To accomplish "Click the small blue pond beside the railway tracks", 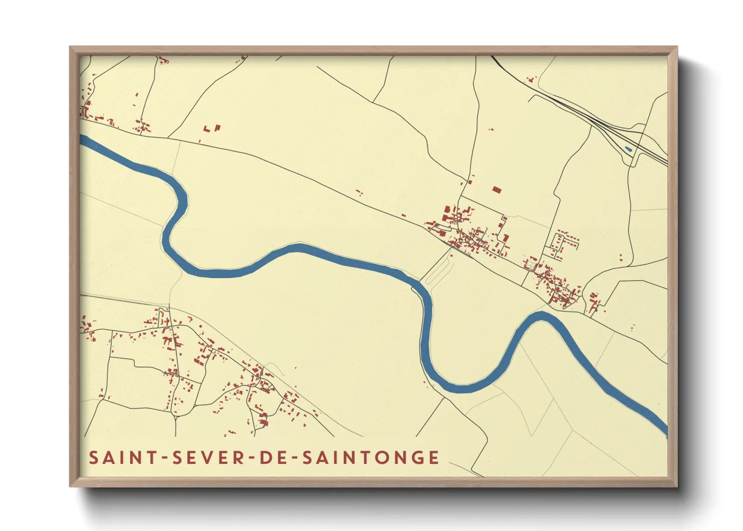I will [628, 149].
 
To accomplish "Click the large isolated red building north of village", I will [497, 190].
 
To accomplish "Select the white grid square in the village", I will [531, 263].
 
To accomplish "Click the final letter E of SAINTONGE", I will [434, 458].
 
